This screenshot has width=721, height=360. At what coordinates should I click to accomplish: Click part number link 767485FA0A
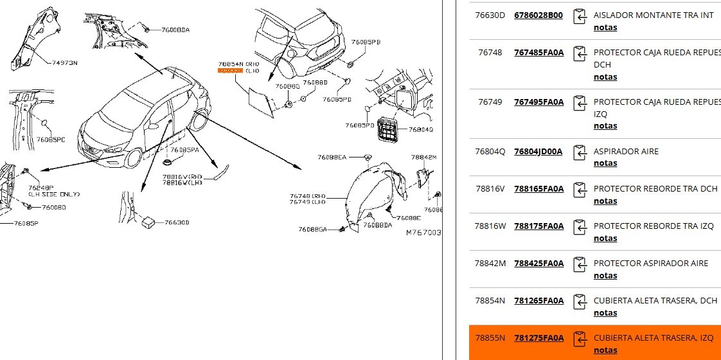click(539, 53)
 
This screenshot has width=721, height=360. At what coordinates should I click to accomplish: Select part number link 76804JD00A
click(538, 152)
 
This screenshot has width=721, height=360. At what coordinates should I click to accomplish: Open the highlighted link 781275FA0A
click(539, 338)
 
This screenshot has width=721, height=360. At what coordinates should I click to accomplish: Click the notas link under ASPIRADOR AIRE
click(605, 163)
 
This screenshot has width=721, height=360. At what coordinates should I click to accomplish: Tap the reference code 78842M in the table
click(490, 264)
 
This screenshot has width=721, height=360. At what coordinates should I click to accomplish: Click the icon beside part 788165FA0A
click(580, 190)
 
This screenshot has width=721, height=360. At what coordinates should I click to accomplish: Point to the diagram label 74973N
click(64, 62)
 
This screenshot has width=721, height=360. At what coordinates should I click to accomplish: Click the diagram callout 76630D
click(177, 222)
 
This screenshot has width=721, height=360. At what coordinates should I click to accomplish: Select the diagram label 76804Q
click(421, 129)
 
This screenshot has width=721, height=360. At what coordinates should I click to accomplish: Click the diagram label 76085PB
click(366, 42)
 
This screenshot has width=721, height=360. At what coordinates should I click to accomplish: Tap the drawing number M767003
click(423, 232)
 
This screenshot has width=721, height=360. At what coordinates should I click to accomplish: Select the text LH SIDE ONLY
click(54, 194)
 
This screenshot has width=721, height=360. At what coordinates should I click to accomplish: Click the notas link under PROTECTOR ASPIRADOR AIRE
click(605, 276)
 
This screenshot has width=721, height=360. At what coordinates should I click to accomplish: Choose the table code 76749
click(490, 102)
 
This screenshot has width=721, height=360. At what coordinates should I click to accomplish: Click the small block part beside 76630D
click(148, 221)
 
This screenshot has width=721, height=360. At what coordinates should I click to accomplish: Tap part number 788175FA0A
click(539, 226)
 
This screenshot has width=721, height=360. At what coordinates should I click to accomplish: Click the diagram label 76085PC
click(51, 139)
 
